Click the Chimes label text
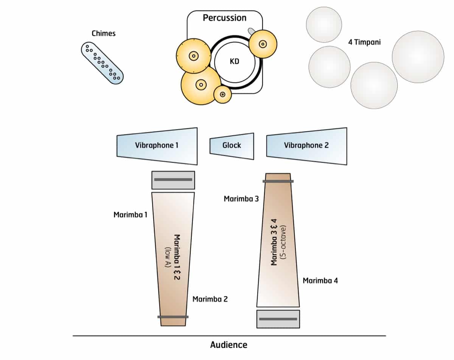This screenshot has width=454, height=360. point(103,33)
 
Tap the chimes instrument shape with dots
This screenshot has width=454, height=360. point(102,63)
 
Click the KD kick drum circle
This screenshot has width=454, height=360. point(235,61)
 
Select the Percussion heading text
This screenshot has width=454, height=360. point(224,18)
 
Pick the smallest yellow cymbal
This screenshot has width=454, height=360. point(222,94)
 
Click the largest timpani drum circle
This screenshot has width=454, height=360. point(418,57)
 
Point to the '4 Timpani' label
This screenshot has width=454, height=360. point(364,42)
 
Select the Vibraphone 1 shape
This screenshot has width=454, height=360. point(157,146)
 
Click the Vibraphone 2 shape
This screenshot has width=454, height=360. point(306,146)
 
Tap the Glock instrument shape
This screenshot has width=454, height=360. point(232,146)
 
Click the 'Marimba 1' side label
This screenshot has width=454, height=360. point(130,215)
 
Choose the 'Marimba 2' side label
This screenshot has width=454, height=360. point(210,299)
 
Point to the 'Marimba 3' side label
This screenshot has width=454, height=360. point(241,199)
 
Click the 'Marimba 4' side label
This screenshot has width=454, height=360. point(320,281)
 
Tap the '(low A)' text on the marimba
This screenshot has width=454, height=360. point(168,258)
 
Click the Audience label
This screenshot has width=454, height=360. point(229,345)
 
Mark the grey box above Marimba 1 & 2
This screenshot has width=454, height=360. point(173,180)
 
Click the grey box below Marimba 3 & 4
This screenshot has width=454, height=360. point(278,319)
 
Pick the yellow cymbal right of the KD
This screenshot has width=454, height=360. point(263,44)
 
